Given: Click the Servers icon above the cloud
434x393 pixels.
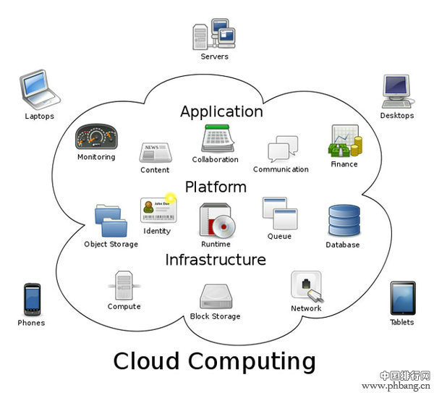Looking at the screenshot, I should coord(214,35).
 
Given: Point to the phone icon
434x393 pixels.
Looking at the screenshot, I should coord(31,298).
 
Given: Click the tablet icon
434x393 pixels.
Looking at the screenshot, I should coord(402,297).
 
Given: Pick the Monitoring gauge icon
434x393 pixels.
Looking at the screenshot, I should coord(95,137).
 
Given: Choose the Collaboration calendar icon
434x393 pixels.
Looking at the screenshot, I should coord(216,138).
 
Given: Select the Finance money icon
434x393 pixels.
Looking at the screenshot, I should coord(345,141).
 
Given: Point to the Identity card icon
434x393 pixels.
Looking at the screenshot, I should coord(157,209).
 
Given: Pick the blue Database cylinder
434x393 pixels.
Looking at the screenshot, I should coord(344,221).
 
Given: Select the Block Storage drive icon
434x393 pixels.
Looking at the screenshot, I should coord(215,295).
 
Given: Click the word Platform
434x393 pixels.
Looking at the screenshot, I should coord(216,187).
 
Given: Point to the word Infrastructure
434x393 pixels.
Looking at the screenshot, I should coord(216,259).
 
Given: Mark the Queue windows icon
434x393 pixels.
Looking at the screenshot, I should coord(280,213).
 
